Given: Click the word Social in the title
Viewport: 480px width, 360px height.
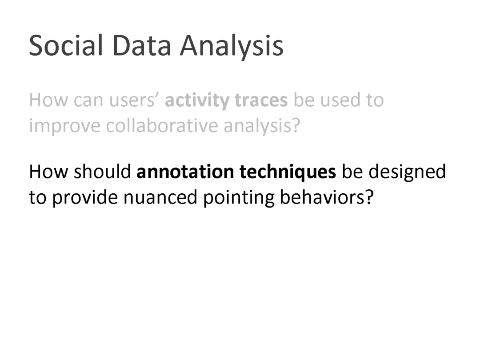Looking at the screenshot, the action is click(x=65, y=45).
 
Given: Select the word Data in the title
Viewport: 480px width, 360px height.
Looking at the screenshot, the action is click(x=141, y=45).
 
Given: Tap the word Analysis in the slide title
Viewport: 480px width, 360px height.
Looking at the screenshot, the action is click(x=232, y=47).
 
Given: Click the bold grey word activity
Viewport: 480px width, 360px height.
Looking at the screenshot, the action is click(x=197, y=100).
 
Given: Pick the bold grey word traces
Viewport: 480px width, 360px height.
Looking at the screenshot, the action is click(x=261, y=101).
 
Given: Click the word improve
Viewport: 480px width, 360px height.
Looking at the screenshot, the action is click(x=64, y=126).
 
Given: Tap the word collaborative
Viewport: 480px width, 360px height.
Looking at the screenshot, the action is click(x=162, y=125).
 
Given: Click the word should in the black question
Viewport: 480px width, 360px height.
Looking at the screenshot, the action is click(x=102, y=172).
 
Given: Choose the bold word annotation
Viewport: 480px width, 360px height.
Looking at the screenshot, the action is click(x=185, y=172).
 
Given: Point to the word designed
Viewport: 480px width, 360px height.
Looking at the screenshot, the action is click(x=407, y=172).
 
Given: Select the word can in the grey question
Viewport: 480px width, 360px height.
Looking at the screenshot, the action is click(x=88, y=101).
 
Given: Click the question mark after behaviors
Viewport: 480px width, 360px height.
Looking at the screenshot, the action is click(x=369, y=197).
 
